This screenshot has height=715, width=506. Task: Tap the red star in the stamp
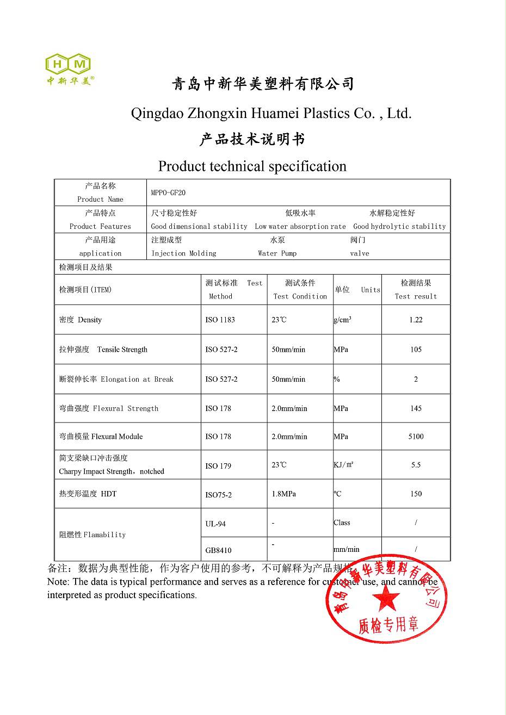click(x=386, y=600)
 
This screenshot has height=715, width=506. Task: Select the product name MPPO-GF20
click(x=168, y=193)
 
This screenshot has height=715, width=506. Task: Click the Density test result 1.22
click(x=416, y=320)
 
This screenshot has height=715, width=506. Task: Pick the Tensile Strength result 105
click(x=416, y=350)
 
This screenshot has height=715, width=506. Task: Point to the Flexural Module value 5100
click(x=416, y=437)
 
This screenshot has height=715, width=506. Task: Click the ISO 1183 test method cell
click(x=220, y=320)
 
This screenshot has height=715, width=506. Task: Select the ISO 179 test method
click(x=218, y=466)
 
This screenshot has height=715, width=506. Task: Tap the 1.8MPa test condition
click(x=283, y=494)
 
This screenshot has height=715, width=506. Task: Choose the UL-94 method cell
click(x=215, y=524)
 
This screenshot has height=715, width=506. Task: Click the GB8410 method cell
click(x=218, y=550)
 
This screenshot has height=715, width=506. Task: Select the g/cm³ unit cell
click(x=342, y=320)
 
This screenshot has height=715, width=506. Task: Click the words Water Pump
click(x=277, y=253)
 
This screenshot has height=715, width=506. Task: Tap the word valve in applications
click(x=359, y=253)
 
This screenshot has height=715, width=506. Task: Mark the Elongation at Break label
click(x=137, y=380)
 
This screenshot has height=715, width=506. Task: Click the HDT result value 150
click(x=416, y=494)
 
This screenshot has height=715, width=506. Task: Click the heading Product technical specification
click(x=252, y=166)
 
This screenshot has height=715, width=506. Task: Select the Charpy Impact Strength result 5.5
click(x=416, y=465)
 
